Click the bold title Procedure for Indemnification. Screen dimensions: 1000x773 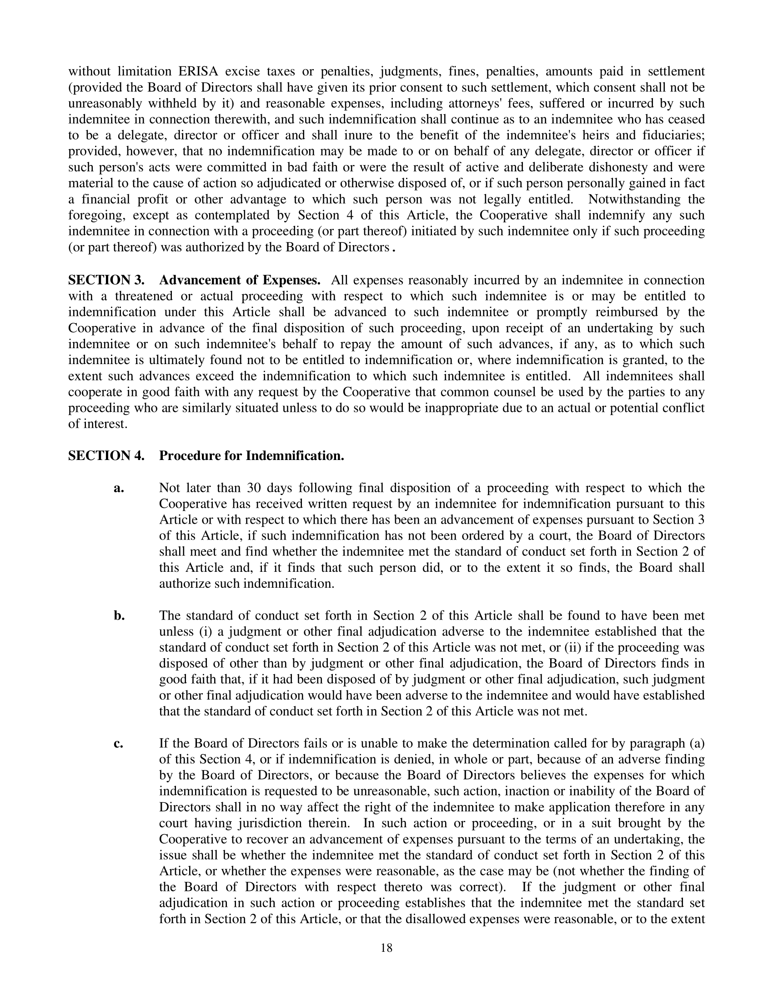[x=251, y=455]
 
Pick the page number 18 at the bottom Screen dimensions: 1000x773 [x=386, y=948]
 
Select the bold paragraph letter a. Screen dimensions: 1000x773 [x=119, y=488]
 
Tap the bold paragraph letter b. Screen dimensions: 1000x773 [x=119, y=616]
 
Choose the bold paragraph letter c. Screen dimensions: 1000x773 [x=119, y=744]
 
